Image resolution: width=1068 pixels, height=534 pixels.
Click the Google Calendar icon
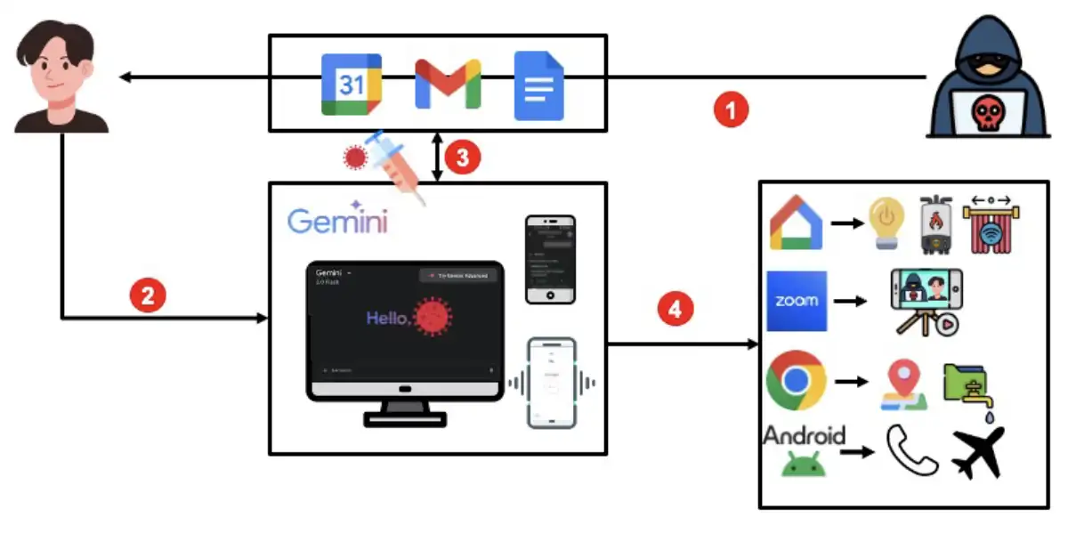click(x=352, y=85)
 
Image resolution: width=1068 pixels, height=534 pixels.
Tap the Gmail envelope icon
click(x=448, y=84)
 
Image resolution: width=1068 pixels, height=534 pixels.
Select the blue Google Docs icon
click(x=539, y=85)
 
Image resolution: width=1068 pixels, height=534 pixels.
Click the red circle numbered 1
click(x=732, y=111)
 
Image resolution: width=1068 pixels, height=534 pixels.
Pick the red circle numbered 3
click(x=462, y=158)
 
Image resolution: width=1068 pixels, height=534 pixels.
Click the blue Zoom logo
click(x=797, y=301)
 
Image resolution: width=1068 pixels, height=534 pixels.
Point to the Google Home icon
click(x=796, y=222)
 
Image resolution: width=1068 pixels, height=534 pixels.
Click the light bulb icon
click(x=886, y=222)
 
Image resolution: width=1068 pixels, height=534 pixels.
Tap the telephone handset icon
click(x=911, y=450)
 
